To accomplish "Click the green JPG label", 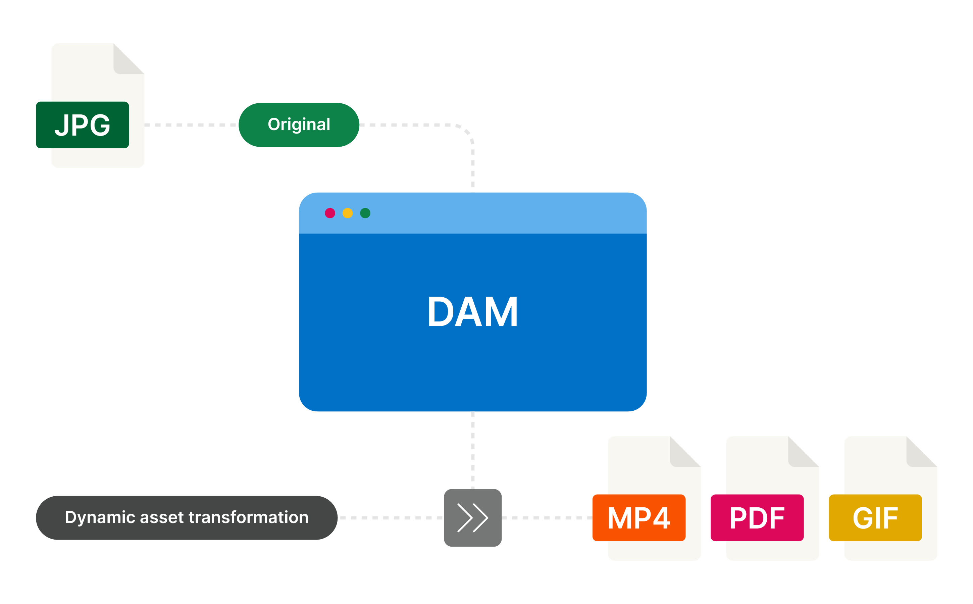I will click(x=82, y=125).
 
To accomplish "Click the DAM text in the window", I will click(x=472, y=312).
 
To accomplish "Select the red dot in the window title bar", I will click(x=330, y=213).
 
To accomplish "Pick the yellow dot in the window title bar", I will click(x=348, y=213).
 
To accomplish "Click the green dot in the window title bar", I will click(x=365, y=213).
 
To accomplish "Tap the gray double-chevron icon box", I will click(x=472, y=518).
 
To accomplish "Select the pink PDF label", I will click(x=757, y=518).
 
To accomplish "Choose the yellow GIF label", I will click(x=875, y=518).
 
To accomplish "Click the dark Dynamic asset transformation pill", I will click(x=187, y=518).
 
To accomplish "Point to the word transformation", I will click(x=248, y=518).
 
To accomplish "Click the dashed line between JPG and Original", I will click(x=191, y=125).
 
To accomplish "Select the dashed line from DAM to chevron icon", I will click(x=472, y=449).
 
